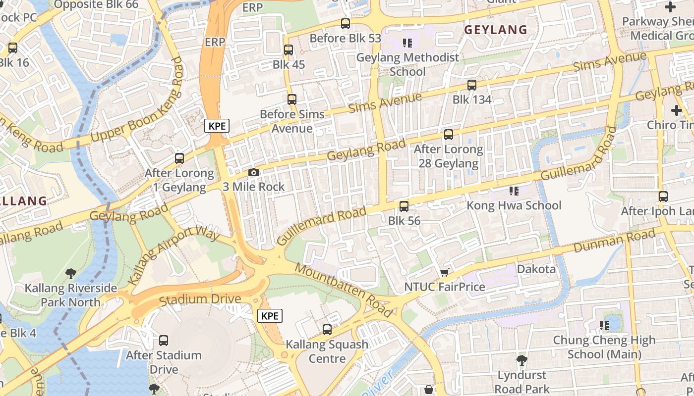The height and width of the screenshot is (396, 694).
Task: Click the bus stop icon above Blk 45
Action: pos(289,50)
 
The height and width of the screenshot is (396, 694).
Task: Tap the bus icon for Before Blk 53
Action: pos(346,24)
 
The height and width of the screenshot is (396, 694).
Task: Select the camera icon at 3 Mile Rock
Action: pos(254,172)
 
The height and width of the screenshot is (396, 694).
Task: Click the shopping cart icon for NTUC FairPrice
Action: pos(445,272)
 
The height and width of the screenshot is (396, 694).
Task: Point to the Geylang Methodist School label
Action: pos(408,64)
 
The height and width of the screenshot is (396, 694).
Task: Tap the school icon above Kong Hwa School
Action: pos(514,191)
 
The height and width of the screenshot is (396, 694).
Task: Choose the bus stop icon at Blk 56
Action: pos(404,206)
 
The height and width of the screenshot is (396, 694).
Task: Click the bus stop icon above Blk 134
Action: pos(472,85)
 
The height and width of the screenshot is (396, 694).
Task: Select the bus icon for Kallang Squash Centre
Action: pos(327,330)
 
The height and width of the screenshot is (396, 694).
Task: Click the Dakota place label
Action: pos(536,269)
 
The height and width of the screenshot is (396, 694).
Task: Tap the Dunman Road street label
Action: pos(615,241)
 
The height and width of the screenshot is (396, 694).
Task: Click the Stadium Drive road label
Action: pos(200,299)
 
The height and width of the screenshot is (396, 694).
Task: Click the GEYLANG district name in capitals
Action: pos(495,30)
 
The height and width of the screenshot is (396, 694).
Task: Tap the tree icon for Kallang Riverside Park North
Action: pos(71,273)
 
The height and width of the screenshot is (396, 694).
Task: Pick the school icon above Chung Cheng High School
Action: pos(604,326)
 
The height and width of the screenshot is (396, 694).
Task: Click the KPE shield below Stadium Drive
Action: pos(270,316)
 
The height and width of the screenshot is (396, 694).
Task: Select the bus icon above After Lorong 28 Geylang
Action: pos(449,135)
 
